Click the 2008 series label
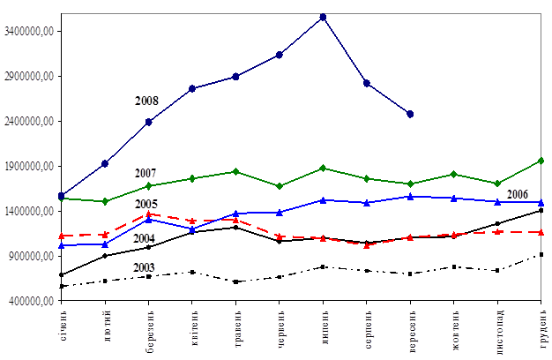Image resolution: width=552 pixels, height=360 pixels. click(146, 101)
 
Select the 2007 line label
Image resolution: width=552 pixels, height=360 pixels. click(146, 171)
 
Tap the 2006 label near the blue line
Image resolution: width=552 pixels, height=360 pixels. click(518, 194)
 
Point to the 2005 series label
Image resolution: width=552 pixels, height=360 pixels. click(146, 204)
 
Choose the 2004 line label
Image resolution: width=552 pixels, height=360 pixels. click(144, 238)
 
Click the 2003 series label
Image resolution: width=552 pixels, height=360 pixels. click(144, 266)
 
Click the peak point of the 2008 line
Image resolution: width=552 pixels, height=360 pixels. click(323, 16)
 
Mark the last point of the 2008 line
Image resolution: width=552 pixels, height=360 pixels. click(410, 114)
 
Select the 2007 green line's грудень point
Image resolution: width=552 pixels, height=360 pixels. click(541, 161)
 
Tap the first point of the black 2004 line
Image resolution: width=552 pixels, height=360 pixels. click(62, 274)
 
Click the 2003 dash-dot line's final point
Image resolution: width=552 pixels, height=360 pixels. click(541, 254)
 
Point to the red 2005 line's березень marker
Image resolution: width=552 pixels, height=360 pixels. click(149, 214)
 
